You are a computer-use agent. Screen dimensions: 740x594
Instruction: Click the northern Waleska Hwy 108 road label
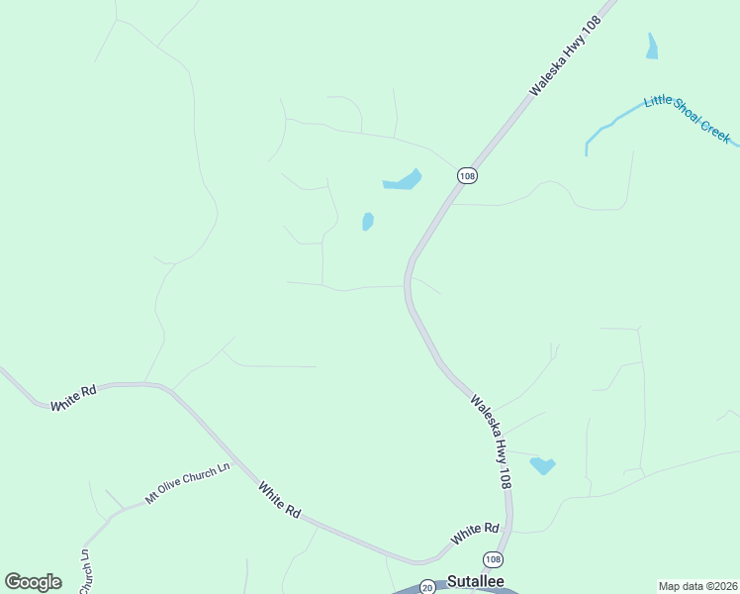(565, 56)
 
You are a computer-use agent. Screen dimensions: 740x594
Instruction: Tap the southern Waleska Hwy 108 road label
(491, 442)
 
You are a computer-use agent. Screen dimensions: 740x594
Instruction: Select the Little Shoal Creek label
(687, 118)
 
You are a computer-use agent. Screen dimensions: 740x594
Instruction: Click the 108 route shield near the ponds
(467, 175)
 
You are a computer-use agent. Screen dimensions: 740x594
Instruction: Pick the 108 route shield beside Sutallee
(493, 559)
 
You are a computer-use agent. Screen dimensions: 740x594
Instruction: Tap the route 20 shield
(426, 586)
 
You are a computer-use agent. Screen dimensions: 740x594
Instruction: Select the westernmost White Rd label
(74, 399)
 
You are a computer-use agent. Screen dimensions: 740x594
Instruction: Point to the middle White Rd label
(279, 499)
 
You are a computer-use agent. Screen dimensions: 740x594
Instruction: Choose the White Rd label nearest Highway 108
(476, 534)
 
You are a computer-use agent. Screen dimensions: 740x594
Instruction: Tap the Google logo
(33, 582)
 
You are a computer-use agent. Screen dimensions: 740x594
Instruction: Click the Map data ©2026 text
(697, 586)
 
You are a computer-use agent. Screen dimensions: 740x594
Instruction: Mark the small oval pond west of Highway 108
(368, 222)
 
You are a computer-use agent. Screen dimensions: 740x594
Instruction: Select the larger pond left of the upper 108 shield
(403, 181)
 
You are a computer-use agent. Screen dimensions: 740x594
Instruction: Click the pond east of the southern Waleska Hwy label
(542, 464)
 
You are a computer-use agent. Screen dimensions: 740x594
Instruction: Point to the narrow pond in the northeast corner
(651, 47)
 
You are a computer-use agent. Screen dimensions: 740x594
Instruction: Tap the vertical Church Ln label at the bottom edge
(85, 572)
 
